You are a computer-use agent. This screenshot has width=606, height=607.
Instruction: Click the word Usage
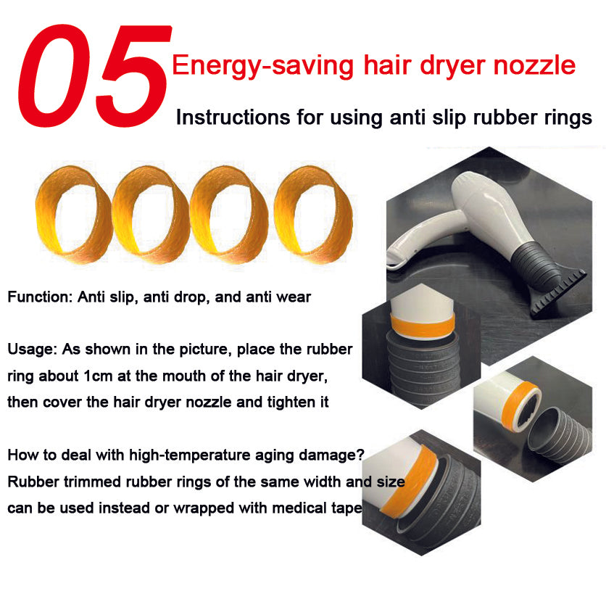coord(33,349)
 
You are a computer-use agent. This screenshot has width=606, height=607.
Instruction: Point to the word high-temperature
coord(190,455)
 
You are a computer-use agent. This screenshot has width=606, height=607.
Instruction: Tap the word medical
coord(300,508)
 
